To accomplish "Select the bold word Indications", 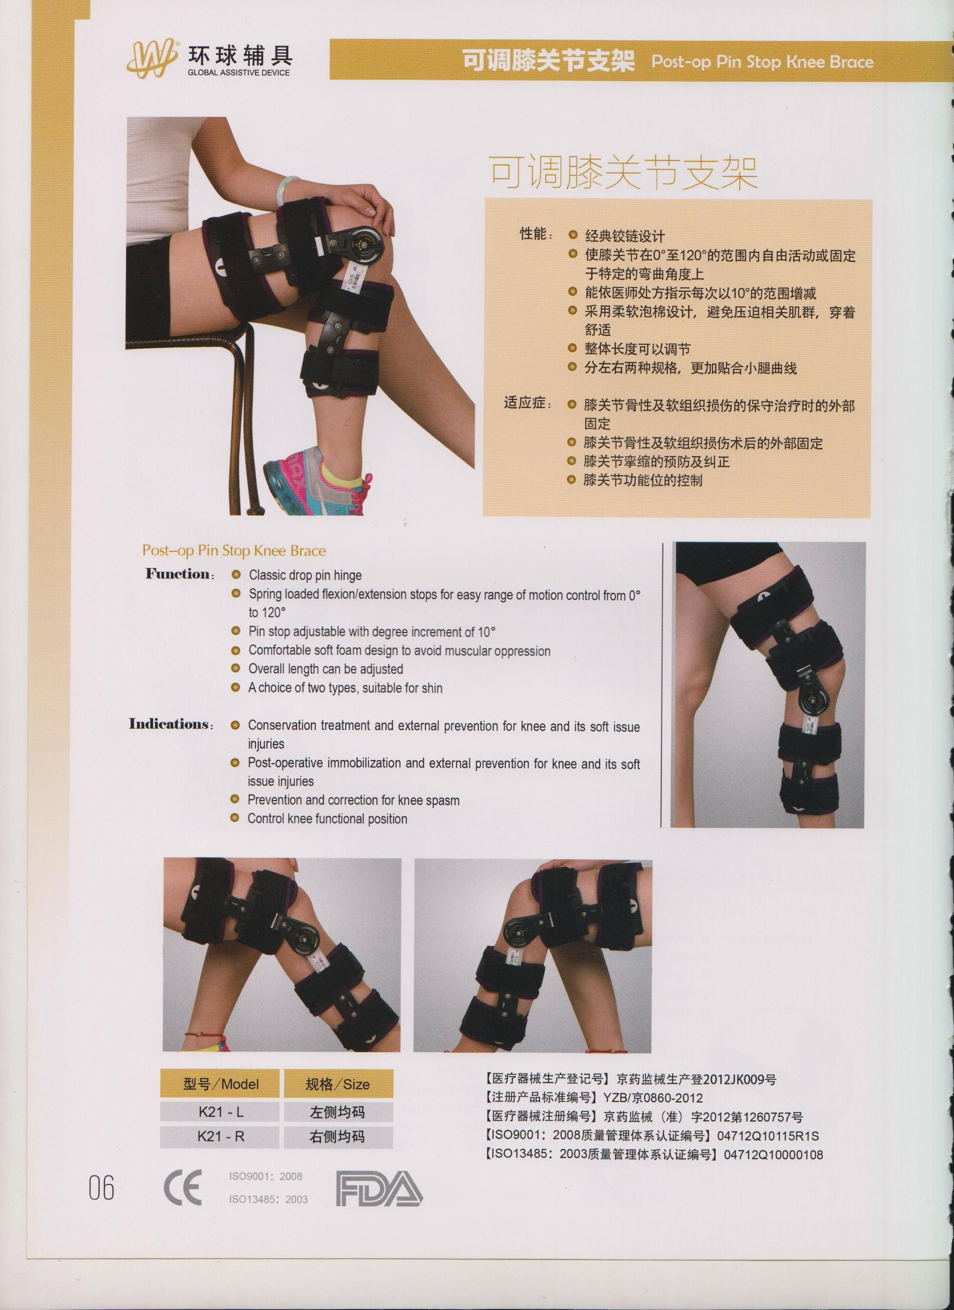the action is pyautogui.click(x=169, y=723).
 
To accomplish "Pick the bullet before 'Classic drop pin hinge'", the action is pyautogui.click(x=236, y=575).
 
